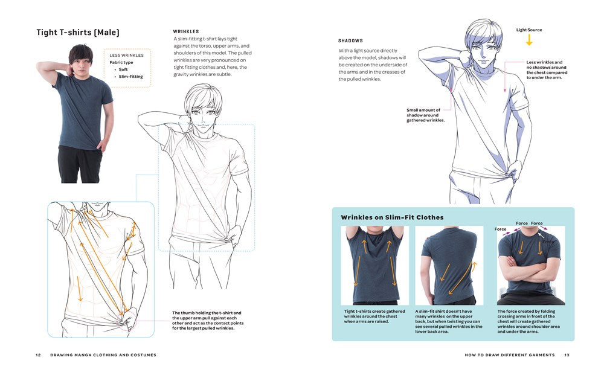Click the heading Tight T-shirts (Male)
coord(78,32)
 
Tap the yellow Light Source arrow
coord(529,40)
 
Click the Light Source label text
coord(529,30)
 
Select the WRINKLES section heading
coord(186,31)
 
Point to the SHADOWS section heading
coord(350,40)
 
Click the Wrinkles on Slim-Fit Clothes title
coord(392,217)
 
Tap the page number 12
coord(38,355)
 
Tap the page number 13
coord(567,355)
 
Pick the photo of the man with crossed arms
coord(531,266)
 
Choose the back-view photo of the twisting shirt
coord(449,266)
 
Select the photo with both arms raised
coord(374,266)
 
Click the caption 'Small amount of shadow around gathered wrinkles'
coord(425,115)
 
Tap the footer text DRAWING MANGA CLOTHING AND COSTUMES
coord(103,355)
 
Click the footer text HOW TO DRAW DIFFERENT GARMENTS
coord(509,355)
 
